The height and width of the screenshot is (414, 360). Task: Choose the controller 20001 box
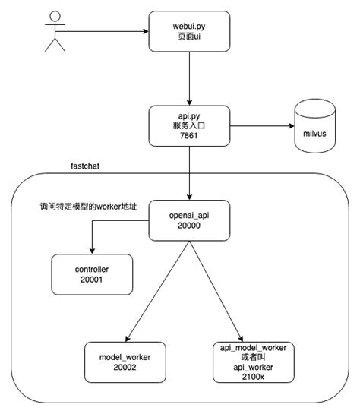(92, 273)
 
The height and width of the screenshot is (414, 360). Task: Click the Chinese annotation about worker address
(89, 207)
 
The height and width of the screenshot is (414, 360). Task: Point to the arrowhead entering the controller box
(92, 251)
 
